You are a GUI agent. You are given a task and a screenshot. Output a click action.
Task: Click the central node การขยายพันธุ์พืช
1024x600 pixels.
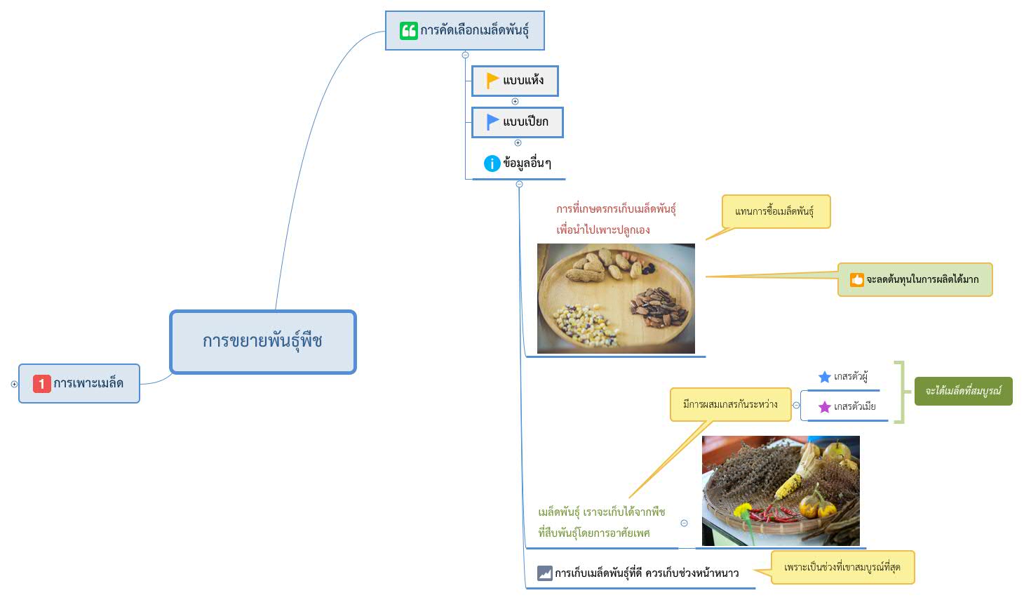click(x=263, y=342)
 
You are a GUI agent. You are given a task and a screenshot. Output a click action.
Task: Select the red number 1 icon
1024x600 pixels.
click(x=41, y=384)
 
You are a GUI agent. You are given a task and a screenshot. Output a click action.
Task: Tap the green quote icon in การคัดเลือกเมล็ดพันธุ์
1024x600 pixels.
click(x=409, y=31)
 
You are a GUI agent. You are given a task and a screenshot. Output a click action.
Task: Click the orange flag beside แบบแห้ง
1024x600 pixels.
click(x=492, y=81)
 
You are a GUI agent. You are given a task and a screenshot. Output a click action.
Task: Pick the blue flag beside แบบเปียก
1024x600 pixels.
click(x=492, y=122)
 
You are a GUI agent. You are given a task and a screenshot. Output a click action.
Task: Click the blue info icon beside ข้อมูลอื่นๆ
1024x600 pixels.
click(x=492, y=164)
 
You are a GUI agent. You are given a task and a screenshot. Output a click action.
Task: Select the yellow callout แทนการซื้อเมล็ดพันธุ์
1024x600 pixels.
click(x=776, y=212)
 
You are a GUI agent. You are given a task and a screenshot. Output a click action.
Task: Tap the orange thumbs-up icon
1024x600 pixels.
click(x=856, y=280)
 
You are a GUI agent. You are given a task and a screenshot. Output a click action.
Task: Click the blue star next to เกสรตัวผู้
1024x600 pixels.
click(x=824, y=377)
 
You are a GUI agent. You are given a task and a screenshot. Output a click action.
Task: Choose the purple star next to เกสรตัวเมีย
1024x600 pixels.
click(x=824, y=406)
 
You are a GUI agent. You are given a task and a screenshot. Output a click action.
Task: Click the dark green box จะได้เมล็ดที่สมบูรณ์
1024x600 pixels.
click(x=963, y=391)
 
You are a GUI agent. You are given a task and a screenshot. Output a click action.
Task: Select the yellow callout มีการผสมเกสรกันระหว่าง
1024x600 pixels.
click(x=731, y=404)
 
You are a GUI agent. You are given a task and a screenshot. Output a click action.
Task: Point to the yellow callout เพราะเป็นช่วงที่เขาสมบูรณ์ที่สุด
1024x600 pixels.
click(x=842, y=568)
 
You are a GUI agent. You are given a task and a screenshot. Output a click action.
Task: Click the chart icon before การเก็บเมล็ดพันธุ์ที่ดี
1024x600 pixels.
click(x=544, y=573)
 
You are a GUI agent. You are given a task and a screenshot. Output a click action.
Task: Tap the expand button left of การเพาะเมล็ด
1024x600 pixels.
click(x=14, y=384)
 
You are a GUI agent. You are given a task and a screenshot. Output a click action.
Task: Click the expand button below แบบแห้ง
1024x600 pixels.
click(x=515, y=102)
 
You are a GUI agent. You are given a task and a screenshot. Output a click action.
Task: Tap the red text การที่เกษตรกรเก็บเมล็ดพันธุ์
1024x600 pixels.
click(x=616, y=209)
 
